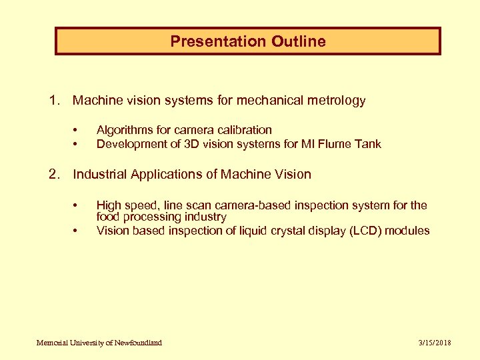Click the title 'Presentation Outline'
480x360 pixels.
tap(248, 41)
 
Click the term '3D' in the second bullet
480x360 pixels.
tap(191, 144)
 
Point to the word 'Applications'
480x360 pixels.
tap(167, 174)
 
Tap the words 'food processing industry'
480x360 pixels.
tap(161, 217)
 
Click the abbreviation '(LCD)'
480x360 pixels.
tap(369, 231)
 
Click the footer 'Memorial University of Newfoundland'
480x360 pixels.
tap(99, 343)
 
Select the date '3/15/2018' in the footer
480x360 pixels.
tap(435, 343)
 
